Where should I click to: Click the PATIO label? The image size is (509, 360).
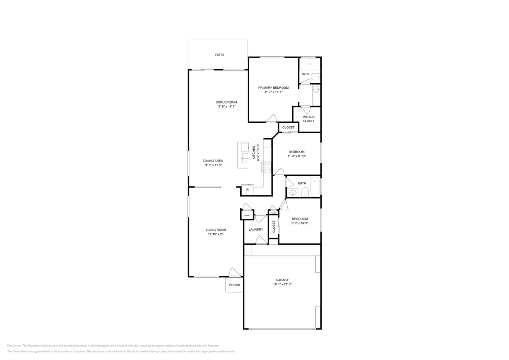(x=219, y=55)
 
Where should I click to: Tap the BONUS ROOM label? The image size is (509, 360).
(x=226, y=102)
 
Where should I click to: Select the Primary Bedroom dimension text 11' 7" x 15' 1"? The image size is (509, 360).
(x=273, y=92)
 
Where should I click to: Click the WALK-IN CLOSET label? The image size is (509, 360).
(x=308, y=119)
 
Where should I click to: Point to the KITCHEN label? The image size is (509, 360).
(x=254, y=153)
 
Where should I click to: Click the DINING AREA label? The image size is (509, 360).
(x=213, y=160)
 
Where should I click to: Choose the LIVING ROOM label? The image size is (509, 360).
(x=215, y=229)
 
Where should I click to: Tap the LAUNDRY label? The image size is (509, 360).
(x=256, y=229)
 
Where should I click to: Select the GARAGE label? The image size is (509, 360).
(x=282, y=280)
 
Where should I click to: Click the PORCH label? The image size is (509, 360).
(x=234, y=285)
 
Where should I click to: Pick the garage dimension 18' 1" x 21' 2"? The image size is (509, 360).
(x=282, y=284)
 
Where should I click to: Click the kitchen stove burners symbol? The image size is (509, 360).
(x=266, y=167)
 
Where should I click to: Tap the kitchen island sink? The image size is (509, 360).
(x=245, y=159)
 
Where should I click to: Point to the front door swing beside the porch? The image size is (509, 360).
(x=233, y=272)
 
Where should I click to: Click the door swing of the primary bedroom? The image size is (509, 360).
(x=272, y=119)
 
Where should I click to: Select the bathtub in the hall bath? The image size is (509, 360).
(x=315, y=186)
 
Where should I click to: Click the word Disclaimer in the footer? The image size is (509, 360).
(x=14, y=345)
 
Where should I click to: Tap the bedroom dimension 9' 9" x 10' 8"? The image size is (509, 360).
(x=300, y=223)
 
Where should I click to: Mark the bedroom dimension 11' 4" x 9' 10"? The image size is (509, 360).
(x=297, y=156)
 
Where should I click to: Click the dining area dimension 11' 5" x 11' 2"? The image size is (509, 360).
(x=213, y=165)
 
